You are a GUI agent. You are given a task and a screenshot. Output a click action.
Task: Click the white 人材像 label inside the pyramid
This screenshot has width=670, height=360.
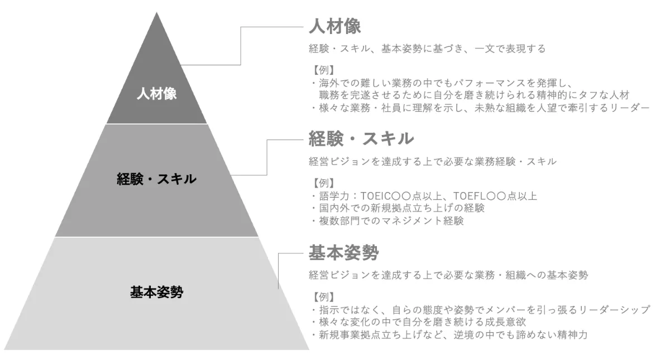tap(157, 94)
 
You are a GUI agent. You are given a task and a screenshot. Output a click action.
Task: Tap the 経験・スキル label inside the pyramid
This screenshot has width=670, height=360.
tap(157, 179)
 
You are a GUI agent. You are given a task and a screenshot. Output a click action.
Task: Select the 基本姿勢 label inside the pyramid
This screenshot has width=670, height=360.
tap(157, 291)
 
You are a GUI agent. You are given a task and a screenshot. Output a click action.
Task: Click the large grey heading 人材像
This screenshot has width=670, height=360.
tap(336, 26)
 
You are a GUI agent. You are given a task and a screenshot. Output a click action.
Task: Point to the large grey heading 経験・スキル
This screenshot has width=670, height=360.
tap(361, 138)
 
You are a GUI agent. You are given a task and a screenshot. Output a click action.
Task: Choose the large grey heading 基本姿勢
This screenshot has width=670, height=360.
tap(344, 253)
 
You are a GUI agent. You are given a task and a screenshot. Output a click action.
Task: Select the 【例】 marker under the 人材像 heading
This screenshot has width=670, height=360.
tap(322, 70)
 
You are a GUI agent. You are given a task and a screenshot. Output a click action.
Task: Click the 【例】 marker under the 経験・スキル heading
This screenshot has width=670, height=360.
tap(322, 183)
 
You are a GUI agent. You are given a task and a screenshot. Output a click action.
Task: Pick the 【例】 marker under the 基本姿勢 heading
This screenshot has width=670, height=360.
tap(322, 296)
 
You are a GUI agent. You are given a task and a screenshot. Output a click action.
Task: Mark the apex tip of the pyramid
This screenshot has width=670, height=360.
tap(157, 13)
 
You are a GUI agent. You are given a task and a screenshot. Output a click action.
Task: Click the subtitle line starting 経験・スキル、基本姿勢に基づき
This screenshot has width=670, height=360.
tap(427, 49)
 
